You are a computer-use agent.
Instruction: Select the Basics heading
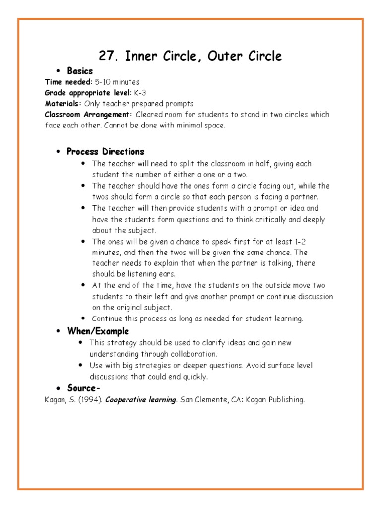80,71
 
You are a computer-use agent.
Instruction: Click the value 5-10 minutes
117,82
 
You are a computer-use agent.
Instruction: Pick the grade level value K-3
140,93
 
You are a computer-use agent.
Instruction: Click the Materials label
63,104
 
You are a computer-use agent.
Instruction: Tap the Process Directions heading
105,152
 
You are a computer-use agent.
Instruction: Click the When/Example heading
98,331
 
